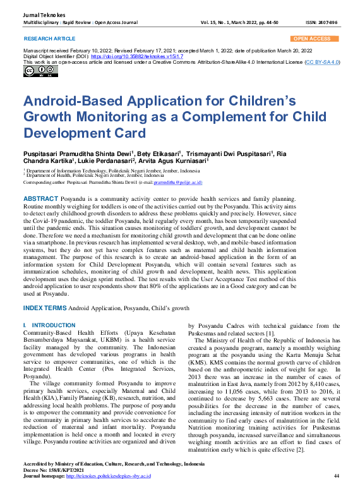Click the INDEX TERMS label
(44, 308)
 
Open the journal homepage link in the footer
(108, 475)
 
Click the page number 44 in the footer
(337, 475)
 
